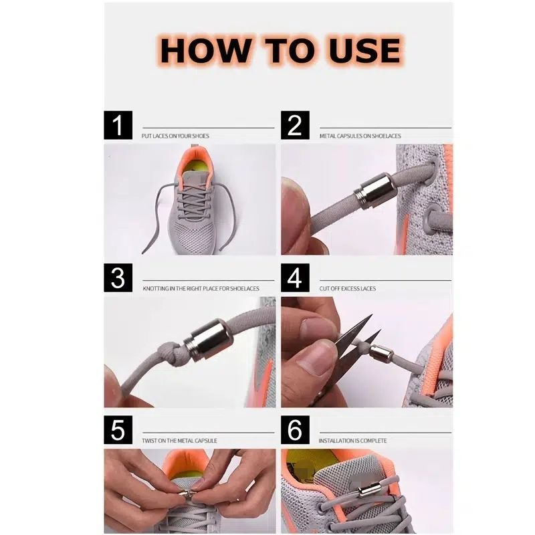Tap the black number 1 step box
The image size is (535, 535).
click(x=118, y=125)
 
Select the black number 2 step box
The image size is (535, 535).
click(x=295, y=125)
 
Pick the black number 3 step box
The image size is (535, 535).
click(x=118, y=278)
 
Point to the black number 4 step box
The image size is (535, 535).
click(x=295, y=278)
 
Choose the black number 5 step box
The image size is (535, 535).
click(x=118, y=430)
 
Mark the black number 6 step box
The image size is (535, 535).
click(x=295, y=430)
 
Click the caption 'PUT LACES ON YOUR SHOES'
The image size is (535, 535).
click(x=175, y=136)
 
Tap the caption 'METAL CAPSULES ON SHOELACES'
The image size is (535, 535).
click(x=360, y=136)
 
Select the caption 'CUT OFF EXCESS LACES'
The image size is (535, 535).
click(x=348, y=288)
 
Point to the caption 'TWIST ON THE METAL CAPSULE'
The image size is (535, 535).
click(x=179, y=441)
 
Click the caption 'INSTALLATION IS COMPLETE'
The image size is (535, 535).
click(x=352, y=441)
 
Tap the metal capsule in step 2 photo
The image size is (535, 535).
click(x=374, y=191)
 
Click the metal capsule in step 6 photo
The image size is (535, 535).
click(x=369, y=490)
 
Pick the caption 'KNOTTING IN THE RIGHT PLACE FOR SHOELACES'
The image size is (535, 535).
click(x=201, y=288)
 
